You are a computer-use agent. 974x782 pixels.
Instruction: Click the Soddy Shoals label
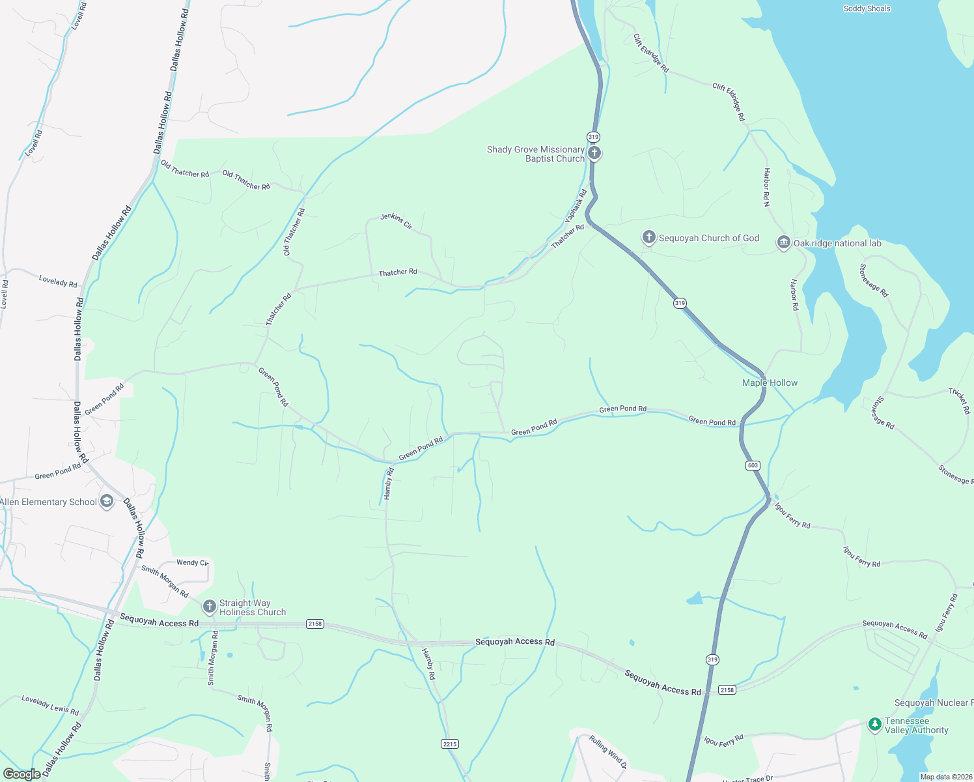point(867,8)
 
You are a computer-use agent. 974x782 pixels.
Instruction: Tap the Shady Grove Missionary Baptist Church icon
point(594,153)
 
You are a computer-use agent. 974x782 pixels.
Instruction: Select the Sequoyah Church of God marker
point(648,237)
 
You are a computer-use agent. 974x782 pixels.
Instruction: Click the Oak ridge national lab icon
point(783,243)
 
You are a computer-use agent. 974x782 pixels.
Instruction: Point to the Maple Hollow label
point(770,383)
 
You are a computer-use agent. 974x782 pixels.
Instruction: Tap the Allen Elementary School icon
point(107,502)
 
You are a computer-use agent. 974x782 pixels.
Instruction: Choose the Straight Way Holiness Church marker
point(209,607)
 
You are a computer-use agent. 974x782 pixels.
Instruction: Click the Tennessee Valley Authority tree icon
point(874,724)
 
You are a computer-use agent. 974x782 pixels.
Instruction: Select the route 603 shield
point(753,465)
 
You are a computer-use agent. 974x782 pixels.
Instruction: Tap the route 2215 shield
point(449,744)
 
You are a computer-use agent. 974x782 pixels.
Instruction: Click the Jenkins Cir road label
point(397,221)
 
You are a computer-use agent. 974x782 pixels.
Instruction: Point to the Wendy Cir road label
point(192,562)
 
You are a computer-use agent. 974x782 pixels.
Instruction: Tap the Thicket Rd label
point(960,401)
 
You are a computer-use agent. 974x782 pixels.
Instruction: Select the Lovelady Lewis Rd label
point(50,705)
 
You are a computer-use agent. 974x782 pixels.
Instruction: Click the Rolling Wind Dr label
point(608,751)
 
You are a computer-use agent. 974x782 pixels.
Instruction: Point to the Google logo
point(22,774)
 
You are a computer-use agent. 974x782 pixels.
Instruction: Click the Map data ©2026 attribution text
point(944,777)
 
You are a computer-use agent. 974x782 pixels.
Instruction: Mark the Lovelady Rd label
point(58,281)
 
